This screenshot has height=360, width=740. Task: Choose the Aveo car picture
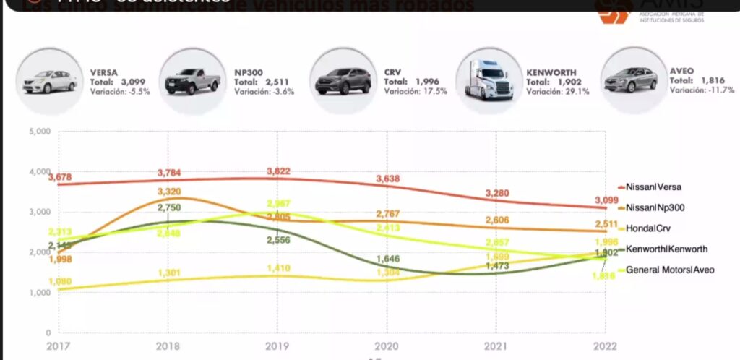pyautogui.click(x=630, y=79)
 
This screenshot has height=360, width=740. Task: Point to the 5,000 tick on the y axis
pyautogui.click(x=39, y=132)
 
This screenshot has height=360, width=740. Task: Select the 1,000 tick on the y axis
pyautogui.click(x=39, y=293)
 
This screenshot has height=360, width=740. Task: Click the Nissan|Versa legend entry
pyautogui.click(x=653, y=187)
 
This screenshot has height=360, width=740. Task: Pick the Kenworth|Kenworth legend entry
pyautogui.click(x=666, y=249)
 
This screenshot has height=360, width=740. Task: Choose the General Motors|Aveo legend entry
pyautogui.click(x=671, y=270)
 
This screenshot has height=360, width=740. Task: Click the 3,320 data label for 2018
pyautogui.click(x=169, y=192)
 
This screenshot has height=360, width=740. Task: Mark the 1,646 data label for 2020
pyautogui.click(x=387, y=258)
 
